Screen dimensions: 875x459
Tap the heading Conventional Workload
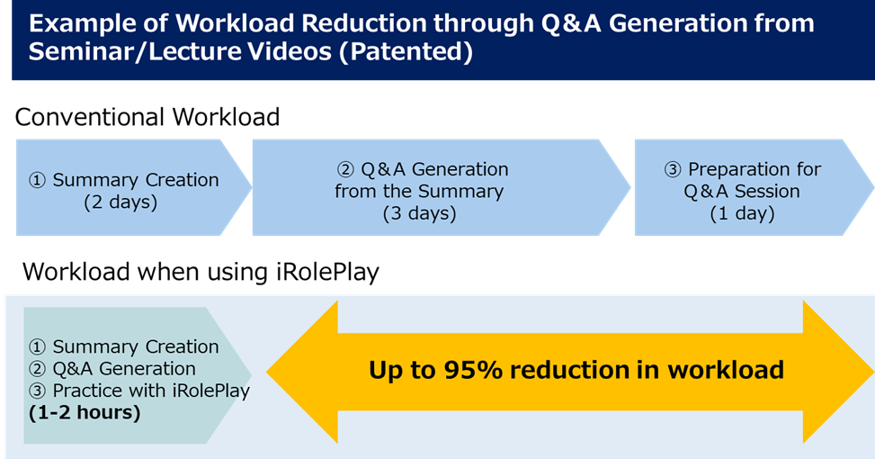(147, 117)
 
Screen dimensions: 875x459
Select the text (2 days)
(121, 202)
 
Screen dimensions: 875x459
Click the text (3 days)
(420, 213)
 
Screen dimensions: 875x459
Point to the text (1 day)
(742, 213)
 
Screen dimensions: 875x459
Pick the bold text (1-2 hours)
(85, 413)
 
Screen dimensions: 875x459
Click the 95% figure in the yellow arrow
(474, 370)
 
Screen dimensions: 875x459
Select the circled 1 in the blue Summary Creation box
(37, 180)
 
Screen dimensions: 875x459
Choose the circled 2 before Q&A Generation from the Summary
(346, 170)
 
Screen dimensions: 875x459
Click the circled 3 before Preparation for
(673, 170)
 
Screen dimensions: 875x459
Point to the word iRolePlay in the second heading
(327, 272)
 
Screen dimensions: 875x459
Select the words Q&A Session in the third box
(742, 192)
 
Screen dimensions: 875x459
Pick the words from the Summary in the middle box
(419, 192)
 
